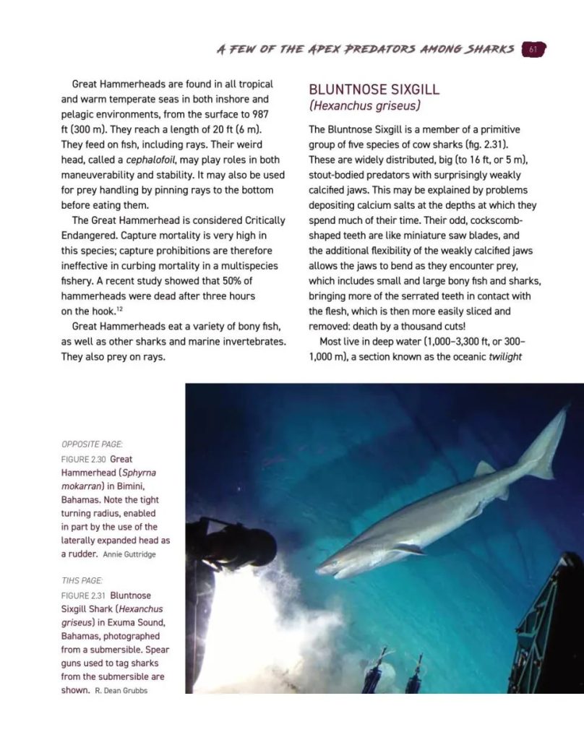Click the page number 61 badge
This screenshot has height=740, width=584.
[x=533, y=49]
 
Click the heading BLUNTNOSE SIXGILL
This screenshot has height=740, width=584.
[x=374, y=90]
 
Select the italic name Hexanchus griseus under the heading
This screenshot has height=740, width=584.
[x=365, y=106]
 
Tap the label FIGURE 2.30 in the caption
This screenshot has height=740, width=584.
[x=83, y=460]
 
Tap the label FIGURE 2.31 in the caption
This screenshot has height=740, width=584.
[x=83, y=595]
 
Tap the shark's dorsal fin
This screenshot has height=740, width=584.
[x=484, y=470]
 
